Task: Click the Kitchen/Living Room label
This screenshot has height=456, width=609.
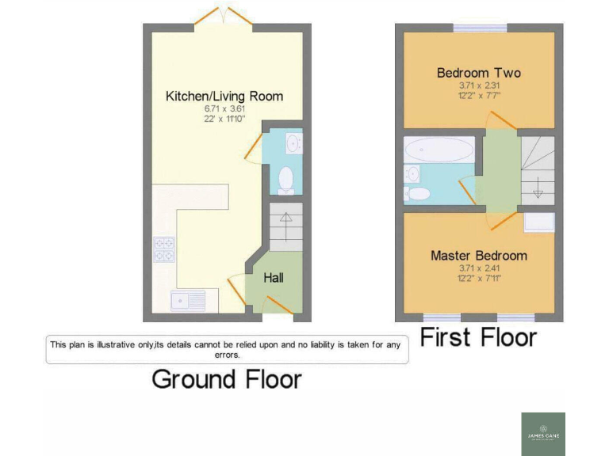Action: [x=224, y=97]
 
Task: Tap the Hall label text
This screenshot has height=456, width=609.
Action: [x=274, y=278]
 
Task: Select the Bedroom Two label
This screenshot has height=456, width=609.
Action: [x=479, y=74]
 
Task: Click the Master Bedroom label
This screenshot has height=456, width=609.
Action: [x=479, y=256]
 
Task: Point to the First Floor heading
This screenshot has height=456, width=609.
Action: [x=478, y=338]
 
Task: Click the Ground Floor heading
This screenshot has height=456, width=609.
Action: [x=227, y=379]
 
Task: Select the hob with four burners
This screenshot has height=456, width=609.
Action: [x=165, y=249]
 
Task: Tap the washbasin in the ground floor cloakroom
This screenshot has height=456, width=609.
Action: [x=292, y=143]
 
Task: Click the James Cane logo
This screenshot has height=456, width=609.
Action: [x=543, y=433]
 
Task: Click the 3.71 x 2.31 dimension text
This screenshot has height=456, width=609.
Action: [x=479, y=85]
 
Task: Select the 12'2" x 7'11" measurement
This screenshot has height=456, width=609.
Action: [x=479, y=278]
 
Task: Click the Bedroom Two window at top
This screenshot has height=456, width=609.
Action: [x=479, y=28]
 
